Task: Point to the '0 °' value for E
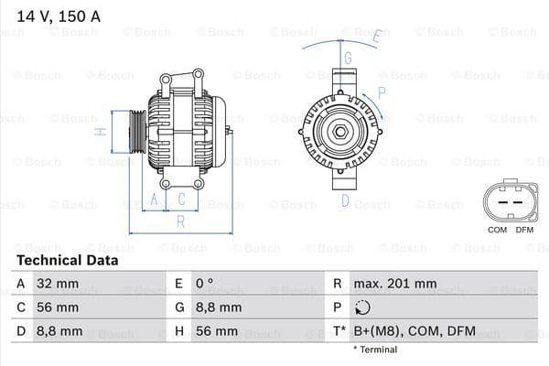click(204, 284)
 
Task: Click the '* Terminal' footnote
click(375, 350)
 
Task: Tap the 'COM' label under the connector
click(497, 230)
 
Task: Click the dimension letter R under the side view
click(181, 221)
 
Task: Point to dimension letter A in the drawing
click(155, 199)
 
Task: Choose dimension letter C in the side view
click(182, 199)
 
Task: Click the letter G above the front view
click(348, 57)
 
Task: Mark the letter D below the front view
click(346, 200)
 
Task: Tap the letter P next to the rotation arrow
click(382, 92)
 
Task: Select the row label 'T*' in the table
click(339, 330)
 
